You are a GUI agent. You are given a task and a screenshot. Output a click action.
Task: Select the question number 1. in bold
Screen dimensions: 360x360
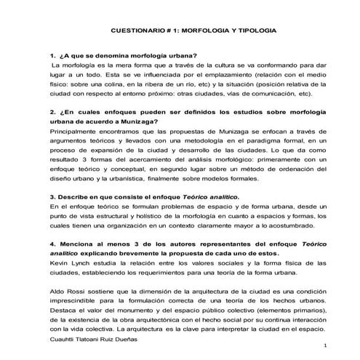click(x=52, y=56)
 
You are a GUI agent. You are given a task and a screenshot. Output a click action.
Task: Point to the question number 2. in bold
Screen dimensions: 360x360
click(x=52, y=112)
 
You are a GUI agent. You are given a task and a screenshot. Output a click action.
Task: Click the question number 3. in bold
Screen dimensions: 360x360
click(x=52, y=197)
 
